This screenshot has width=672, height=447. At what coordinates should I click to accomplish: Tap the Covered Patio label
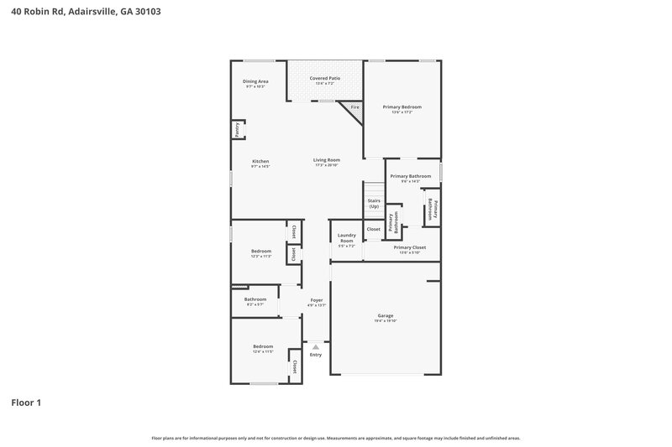[324, 77]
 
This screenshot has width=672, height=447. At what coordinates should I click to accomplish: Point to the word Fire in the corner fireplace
[354, 108]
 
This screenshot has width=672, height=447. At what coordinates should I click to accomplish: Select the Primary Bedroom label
[402, 107]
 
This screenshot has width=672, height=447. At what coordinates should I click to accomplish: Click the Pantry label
[238, 130]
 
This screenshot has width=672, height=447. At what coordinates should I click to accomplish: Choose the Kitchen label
[260, 161]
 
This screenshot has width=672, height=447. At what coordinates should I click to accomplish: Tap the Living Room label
[327, 159]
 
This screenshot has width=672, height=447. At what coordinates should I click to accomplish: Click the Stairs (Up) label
[374, 204]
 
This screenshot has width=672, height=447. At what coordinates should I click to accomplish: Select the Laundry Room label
[347, 238]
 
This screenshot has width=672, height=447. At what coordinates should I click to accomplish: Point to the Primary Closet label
[409, 247]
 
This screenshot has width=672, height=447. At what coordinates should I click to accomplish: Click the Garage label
[385, 315]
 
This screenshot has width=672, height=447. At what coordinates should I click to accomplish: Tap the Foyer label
[317, 299]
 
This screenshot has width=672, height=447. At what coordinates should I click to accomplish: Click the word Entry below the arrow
[316, 355]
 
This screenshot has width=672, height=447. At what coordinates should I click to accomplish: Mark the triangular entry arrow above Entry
[316, 345]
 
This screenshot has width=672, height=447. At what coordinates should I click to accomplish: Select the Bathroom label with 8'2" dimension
[255, 299]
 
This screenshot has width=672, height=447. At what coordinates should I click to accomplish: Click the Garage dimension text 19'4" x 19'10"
[385, 321]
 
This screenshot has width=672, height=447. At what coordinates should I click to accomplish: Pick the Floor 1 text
[26, 403]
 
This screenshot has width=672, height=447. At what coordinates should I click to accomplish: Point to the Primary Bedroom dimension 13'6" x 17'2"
[402, 112]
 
